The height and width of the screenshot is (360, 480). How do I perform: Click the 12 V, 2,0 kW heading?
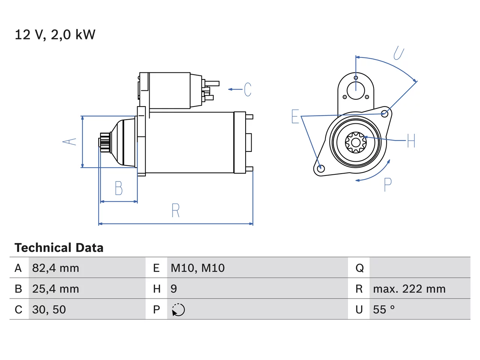[x=55, y=35]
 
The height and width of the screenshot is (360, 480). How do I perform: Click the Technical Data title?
[x=59, y=247]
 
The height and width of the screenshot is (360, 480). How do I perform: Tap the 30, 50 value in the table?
[x=49, y=309]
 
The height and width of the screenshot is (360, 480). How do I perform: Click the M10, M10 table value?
[x=198, y=268]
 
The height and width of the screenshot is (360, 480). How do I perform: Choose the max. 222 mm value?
[x=409, y=289]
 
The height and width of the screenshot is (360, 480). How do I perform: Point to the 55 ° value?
[x=384, y=309]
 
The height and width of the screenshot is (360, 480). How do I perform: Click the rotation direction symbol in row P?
[x=178, y=310]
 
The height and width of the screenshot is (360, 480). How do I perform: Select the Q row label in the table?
[x=360, y=268]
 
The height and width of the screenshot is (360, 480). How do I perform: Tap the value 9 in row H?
[x=174, y=289]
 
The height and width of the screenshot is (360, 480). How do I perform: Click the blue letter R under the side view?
[x=175, y=210]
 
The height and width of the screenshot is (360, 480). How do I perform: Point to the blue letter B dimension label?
[x=119, y=188]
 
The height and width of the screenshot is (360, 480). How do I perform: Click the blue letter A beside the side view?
[x=69, y=141]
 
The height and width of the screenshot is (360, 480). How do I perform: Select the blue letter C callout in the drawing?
[x=247, y=89]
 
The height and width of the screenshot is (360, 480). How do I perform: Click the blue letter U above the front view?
[x=399, y=53]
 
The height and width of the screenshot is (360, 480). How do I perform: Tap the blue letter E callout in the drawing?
[x=295, y=117]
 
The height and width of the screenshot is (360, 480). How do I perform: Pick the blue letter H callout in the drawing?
[x=411, y=141]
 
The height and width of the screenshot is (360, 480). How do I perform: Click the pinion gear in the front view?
[x=356, y=142]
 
